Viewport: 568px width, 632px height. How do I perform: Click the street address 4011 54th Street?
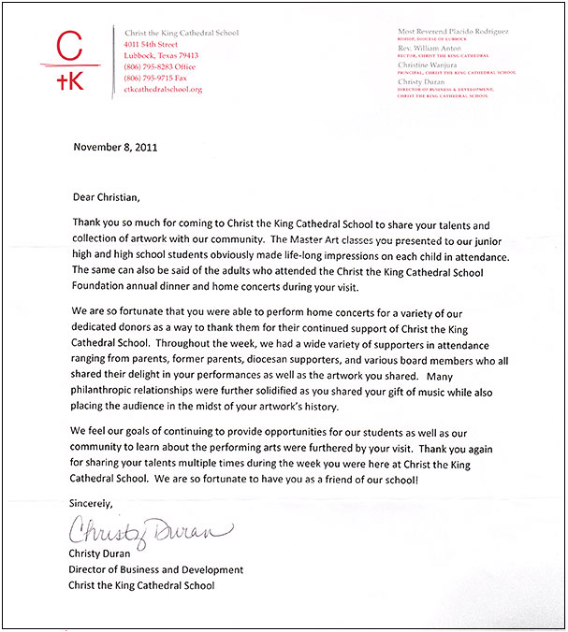[151, 44]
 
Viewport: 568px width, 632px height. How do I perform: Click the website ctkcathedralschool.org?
[163, 89]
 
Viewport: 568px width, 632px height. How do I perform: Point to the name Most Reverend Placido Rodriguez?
[452, 33]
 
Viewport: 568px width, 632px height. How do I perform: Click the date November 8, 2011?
[114, 147]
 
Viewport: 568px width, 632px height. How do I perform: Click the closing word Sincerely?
[92, 504]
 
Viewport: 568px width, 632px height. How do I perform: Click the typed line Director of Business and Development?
[157, 569]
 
